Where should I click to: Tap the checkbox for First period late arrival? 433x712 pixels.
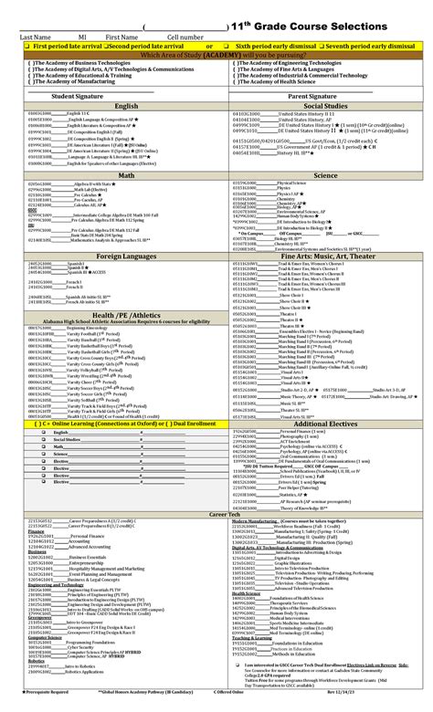point(26,44)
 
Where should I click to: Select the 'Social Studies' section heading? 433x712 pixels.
point(325,106)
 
